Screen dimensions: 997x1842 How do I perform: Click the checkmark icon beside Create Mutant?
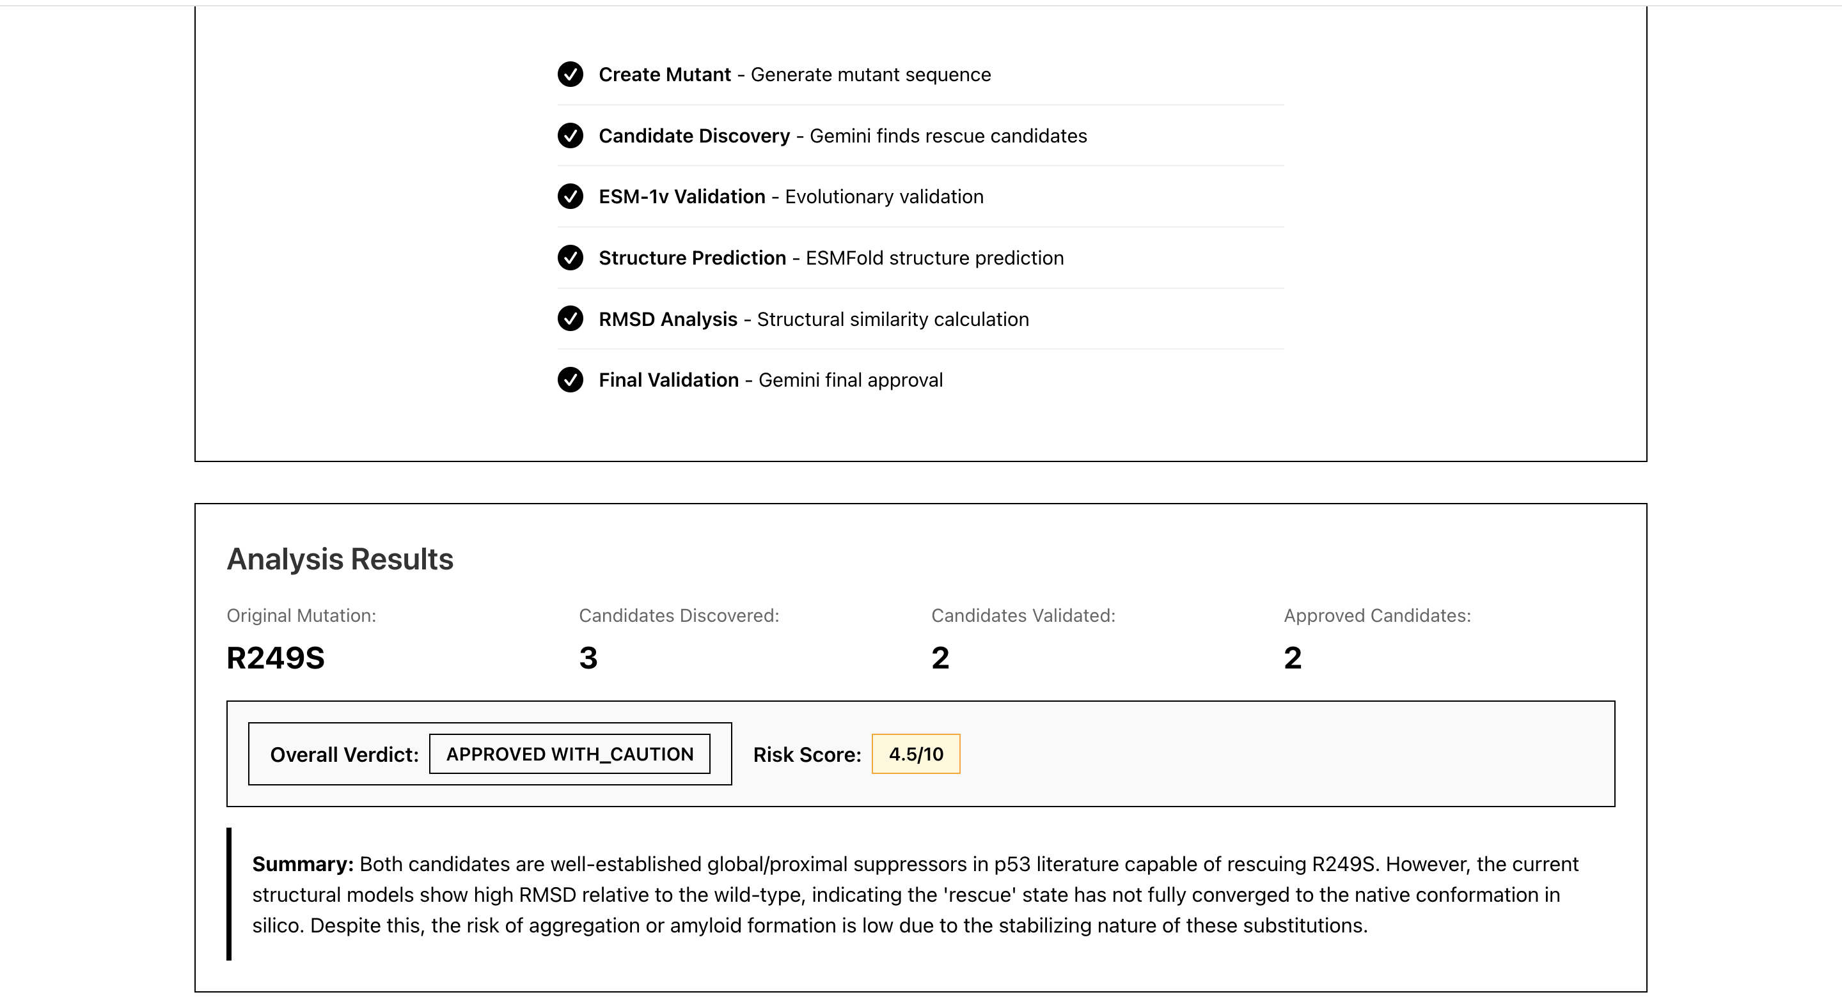coord(570,74)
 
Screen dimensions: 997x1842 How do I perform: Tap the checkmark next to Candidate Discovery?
coord(570,135)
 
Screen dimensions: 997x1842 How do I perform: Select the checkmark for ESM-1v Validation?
coord(570,197)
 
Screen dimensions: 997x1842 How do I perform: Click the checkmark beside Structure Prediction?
coord(570,258)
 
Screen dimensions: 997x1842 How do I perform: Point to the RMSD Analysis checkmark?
coord(570,319)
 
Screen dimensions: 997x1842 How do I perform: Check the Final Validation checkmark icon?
coord(570,380)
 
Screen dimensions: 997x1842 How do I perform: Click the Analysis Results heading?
coord(340,559)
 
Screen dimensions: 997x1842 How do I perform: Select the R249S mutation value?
coord(275,658)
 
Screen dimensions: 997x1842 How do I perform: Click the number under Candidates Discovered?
coord(588,658)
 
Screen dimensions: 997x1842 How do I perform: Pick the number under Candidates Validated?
coord(940,658)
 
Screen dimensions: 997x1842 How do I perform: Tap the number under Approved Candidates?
coord(1292,658)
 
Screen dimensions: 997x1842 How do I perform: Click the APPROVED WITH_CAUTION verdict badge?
coord(569,754)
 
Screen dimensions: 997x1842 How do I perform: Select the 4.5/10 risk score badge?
coord(915,754)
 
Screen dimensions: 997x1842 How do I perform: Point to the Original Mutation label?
coord(301,615)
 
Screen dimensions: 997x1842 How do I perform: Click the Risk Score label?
coord(807,755)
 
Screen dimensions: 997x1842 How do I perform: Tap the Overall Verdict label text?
coord(344,755)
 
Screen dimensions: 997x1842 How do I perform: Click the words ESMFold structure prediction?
coord(934,258)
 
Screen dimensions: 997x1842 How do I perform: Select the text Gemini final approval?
coord(850,380)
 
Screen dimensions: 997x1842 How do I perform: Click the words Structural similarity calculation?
coord(892,320)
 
